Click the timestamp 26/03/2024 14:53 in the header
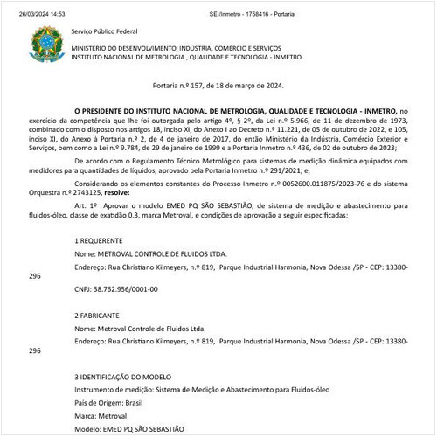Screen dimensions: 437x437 [x=31, y=6]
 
